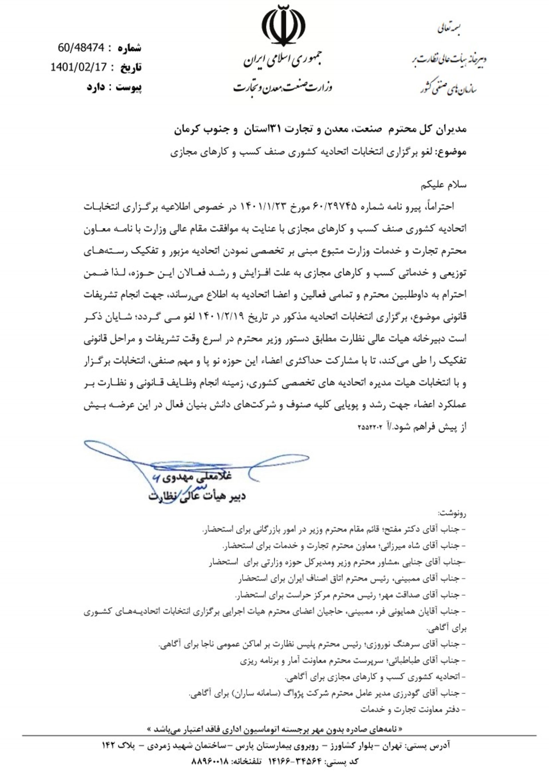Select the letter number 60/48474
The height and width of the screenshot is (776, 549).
click(81, 48)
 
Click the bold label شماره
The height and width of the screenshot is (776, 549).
click(130, 48)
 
